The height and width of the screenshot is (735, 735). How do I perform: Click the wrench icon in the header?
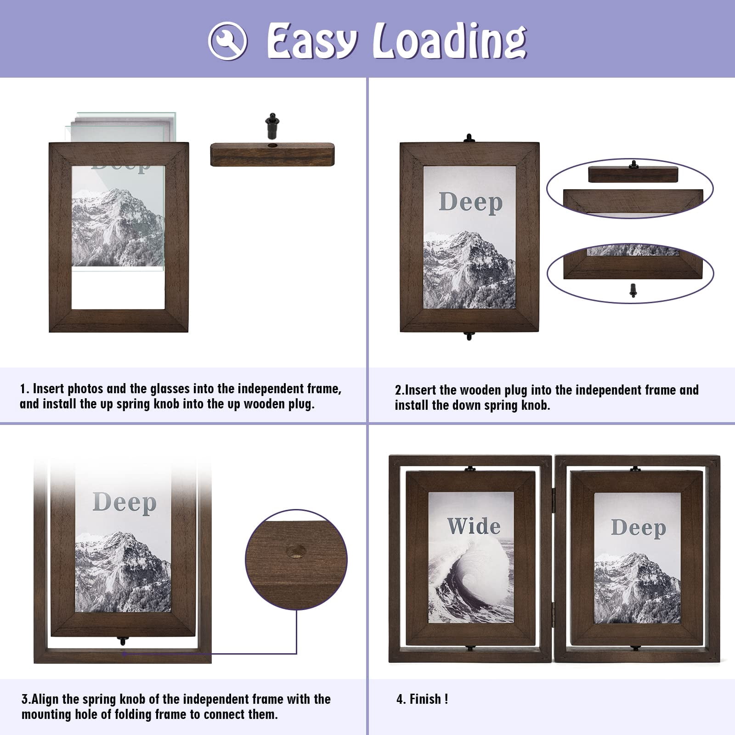[227, 40]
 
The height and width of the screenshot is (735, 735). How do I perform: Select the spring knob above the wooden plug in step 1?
[272, 125]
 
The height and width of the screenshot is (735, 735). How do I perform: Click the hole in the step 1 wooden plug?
[272, 146]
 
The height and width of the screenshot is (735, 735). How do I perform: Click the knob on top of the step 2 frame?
[469, 138]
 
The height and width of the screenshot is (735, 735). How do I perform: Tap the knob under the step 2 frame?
[469, 336]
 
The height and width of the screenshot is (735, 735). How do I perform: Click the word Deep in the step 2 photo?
[470, 202]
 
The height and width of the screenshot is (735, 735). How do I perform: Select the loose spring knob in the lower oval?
[633, 290]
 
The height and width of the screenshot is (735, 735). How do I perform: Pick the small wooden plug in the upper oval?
[633, 174]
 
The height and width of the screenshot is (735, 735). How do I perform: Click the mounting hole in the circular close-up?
[296, 551]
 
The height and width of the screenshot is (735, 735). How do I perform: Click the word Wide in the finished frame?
[474, 526]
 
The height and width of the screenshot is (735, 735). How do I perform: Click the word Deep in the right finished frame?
[638, 528]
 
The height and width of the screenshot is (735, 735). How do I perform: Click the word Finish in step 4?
[425, 699]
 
